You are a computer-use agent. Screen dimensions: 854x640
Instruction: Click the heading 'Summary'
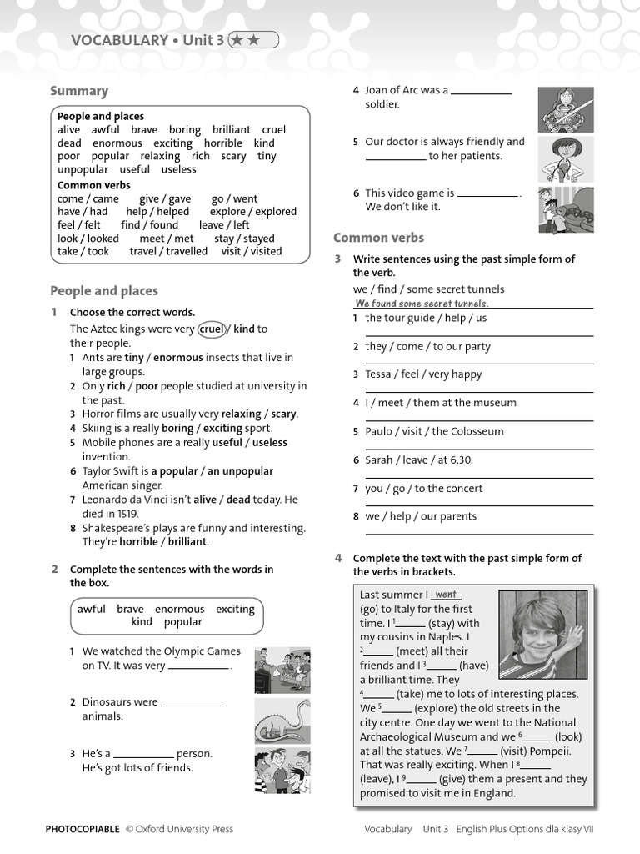pyautogui.click(x=79, y=91)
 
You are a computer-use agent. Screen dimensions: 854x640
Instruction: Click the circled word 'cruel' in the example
pyautogui.click(x=212, y=329)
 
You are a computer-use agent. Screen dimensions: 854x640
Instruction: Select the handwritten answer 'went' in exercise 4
pyautogui.click(x=447, y=595)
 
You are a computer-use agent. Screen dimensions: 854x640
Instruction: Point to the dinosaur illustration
pyautogui.click(x=282, y=718)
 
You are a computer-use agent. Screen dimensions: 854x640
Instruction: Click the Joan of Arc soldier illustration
pyautogui.click(x=565, y=109)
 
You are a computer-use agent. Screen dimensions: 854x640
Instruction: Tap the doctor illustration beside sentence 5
pyautogui.click(x=565, y=159)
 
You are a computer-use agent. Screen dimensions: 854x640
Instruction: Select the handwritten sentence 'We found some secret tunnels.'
pyautogui.click(x=421, y=304)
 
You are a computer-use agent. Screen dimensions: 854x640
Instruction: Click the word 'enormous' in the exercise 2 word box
pyautogui.click(x=179, y=609)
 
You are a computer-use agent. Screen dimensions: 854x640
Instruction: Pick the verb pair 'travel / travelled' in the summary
pyautogui.click(x=168, y=251)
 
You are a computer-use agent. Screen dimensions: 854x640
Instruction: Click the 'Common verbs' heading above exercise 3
pyautogui.click(x=378, y=238)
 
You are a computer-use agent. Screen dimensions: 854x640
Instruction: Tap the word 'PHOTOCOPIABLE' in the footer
pyautogui.click(x=82, y=829)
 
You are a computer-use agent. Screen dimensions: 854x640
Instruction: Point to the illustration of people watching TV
pyautogui.click(x=282, y=670)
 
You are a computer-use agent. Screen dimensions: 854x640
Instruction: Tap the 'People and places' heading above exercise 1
pyautogui.click(x=103, y=291)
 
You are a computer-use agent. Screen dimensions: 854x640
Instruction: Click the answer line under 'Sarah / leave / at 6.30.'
pyautogui.click(x=479, y=477)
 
